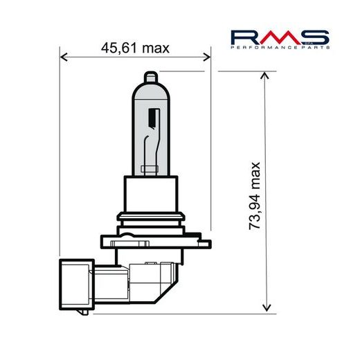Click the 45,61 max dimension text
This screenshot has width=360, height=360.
[136, 48]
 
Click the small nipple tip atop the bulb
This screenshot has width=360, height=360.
[150, 75]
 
